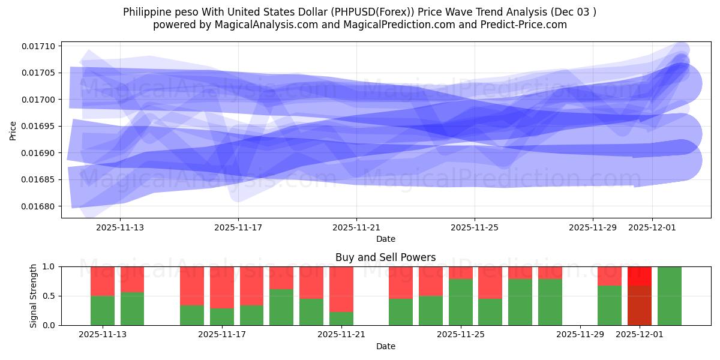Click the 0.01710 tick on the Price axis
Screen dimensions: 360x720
pos(38,46)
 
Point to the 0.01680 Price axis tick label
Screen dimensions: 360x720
pos(38,206)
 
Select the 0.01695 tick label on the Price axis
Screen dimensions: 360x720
pos(38,126)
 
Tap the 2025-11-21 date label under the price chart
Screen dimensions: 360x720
pos(356,227)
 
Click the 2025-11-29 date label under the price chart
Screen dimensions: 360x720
pos(593,227)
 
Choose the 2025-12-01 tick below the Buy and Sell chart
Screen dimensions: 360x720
pos(640,334)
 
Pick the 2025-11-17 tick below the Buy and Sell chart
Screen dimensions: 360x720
pos(222,334)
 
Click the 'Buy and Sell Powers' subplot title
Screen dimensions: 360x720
pos(385,257)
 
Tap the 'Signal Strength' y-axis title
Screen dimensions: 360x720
pos(34,296)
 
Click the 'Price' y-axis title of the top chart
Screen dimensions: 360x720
pos(13,130)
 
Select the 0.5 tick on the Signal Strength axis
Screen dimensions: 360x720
pos(49,296)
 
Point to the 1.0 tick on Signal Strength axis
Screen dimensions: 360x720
pos(49,266)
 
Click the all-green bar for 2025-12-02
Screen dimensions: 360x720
pos(669,296)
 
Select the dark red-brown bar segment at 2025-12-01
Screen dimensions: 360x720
pos(640,305)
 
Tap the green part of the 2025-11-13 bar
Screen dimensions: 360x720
pos(103,310)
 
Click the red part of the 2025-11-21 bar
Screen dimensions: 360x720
pos(341,289)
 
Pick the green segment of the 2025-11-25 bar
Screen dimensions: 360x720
pos(461,302)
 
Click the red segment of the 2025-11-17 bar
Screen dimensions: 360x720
pos(222,287)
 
